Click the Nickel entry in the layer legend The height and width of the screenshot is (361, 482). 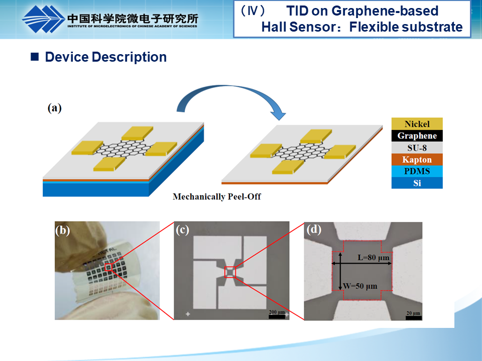click(417, 124)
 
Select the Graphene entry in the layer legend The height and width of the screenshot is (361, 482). click(417, 136)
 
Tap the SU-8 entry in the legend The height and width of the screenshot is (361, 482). click(417, 147)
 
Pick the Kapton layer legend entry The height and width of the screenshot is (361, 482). click(417, 159)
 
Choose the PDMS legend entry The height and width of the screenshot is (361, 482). click(417, 171)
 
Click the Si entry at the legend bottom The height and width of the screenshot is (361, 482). click(417, 183)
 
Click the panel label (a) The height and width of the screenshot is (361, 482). click(54, 108)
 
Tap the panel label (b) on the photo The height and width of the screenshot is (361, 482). click(63, 231)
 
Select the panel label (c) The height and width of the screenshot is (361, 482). click(182, 231)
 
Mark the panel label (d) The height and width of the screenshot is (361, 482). click(314, 231)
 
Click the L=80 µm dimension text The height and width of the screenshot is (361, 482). click(374, 257)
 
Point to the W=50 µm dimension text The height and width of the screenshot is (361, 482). click(360, 286)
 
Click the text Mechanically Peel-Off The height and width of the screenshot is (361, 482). click(217, 197)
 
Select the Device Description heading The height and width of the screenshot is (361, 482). click(105, 57)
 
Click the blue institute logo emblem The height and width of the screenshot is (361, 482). click(42, 19)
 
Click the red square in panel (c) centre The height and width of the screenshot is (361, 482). click(230, 272)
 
